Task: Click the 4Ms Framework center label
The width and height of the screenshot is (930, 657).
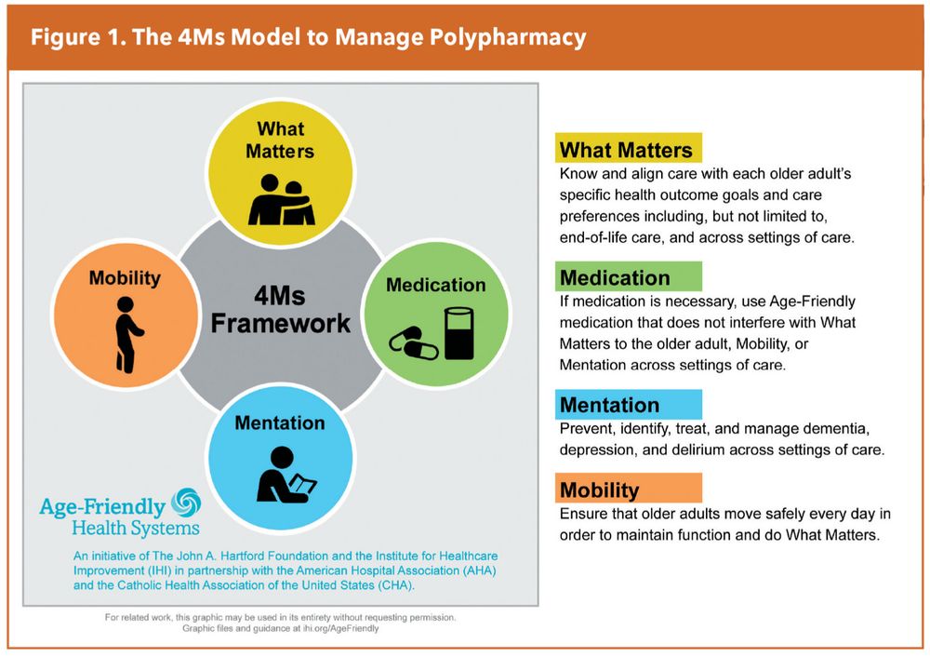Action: click(x=280, y=310)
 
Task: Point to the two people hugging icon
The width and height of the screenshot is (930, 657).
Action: click(x=280, y=198)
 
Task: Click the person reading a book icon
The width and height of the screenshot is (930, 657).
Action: click(x=284, y=475)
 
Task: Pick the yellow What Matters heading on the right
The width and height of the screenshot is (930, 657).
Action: click(x=626, y=150)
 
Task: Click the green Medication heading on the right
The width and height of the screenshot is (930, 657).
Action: click(x=615, y=277)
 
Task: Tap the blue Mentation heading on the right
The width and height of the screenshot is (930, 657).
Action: click(x=609, y=405)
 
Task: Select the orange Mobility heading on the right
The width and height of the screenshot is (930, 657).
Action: click(x=600, y=489)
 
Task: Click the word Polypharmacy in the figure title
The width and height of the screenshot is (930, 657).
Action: click(x=508, y=38)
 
